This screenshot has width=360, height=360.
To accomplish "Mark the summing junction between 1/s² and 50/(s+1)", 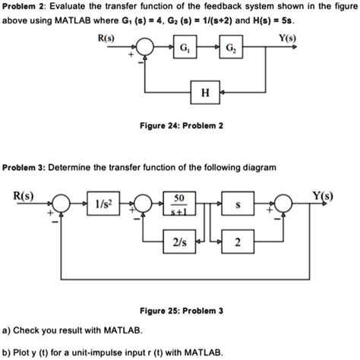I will pyautogui.click(x=140, y=204).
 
